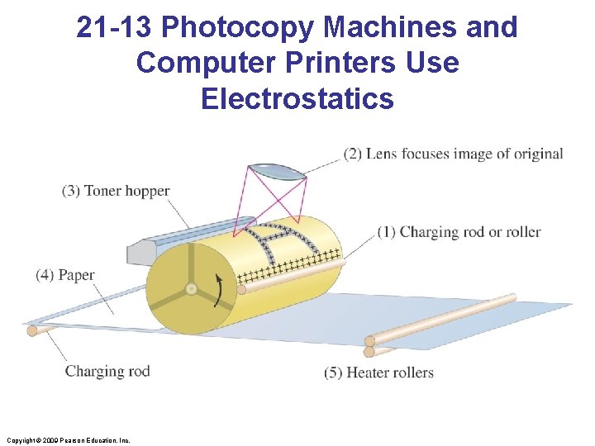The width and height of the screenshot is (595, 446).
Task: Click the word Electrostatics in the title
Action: point(297,98)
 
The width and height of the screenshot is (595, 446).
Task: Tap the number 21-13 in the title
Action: point(115,27)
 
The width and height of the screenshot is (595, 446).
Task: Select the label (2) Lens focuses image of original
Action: point(454,154)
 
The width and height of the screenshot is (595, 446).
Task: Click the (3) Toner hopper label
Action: point(116,191)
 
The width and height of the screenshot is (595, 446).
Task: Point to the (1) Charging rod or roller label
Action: point(459,232)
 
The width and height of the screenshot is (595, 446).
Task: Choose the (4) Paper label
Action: point(65,275)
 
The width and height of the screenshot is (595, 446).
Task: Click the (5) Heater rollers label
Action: point(378,372)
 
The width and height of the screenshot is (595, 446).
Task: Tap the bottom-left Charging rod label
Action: point(107,371)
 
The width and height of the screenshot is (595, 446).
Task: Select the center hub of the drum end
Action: point(191,290)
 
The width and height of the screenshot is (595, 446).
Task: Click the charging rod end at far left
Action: point(32,330)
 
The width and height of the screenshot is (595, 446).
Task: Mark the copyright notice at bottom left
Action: point(67,440)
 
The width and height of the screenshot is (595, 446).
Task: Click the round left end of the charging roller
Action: point(241,289)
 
